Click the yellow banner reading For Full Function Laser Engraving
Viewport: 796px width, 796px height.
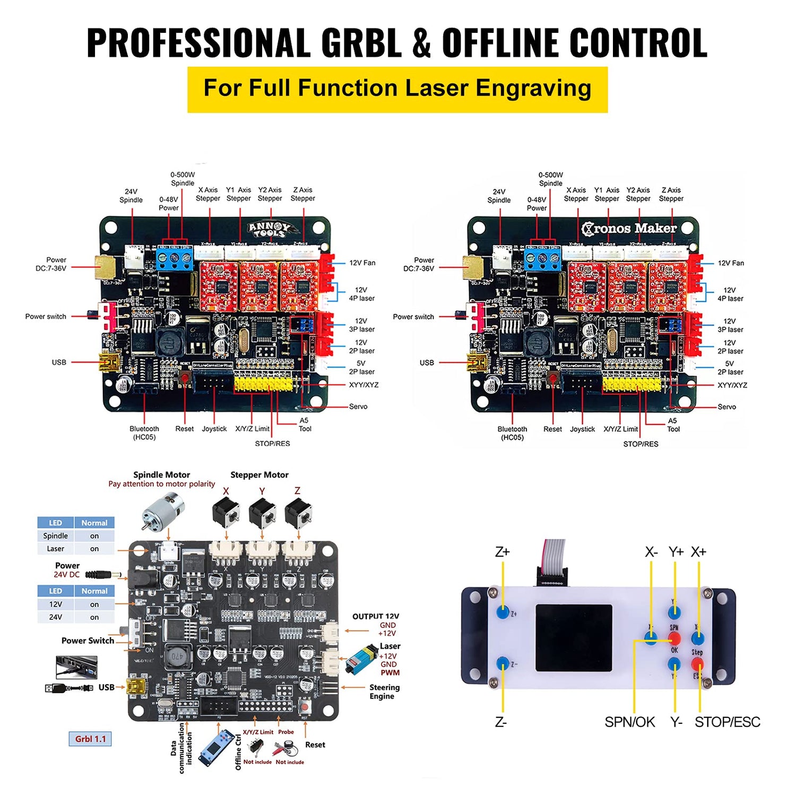397,89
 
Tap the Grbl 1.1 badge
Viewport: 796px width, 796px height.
90,739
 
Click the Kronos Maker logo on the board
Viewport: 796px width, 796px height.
629,228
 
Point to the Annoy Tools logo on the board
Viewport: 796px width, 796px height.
272,229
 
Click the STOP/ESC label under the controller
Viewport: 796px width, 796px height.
727,722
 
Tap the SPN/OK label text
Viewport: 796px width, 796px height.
630,722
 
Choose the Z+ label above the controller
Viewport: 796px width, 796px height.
502,552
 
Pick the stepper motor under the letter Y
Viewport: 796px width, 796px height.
262,513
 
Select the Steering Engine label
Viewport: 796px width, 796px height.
384,691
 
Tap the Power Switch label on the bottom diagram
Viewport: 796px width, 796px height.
88,641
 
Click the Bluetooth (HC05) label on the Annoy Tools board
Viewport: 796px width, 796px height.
144,432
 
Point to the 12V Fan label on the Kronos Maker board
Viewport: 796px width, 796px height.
731,263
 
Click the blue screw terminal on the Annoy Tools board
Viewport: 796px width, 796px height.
175,259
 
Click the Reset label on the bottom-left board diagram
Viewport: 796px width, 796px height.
315,745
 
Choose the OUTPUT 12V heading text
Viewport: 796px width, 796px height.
375,616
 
